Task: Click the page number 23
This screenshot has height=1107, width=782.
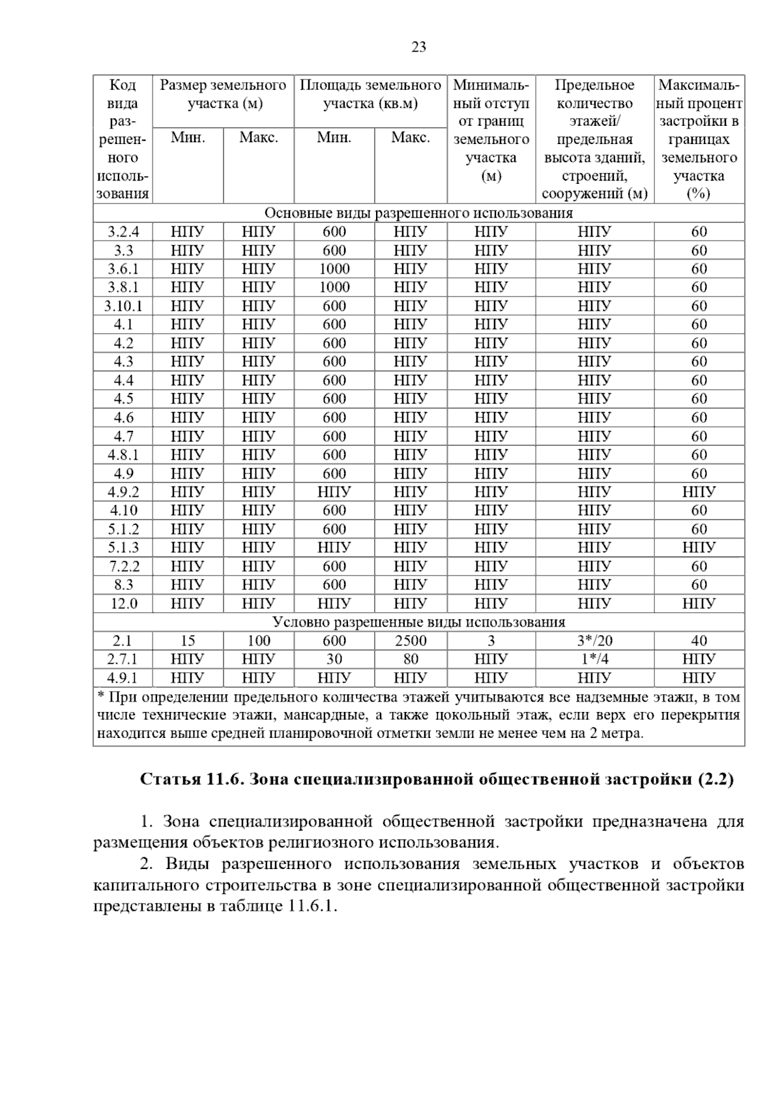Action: point(419,47)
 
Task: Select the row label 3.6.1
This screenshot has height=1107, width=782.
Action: point(123,269)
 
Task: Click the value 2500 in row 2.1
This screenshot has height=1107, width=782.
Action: point(411,641)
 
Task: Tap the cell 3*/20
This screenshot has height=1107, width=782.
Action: point(594,641)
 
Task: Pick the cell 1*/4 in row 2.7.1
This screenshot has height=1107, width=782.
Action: point(594,659)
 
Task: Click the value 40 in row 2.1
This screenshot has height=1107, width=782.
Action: point(699,641)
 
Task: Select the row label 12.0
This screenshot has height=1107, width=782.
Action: point(123,604)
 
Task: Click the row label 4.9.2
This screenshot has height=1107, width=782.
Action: point(123,492)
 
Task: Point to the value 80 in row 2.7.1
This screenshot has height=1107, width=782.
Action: point(411,659)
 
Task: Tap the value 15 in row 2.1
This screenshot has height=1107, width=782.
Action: point(188,641)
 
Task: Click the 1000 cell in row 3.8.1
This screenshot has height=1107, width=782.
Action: point(334,288)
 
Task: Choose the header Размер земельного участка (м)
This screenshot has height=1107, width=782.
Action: point(223,95)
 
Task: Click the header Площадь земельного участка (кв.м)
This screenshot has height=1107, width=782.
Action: point(370,95)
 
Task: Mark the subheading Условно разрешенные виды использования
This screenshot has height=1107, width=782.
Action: point(418,622)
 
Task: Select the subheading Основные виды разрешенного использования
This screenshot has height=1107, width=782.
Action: point(418,213)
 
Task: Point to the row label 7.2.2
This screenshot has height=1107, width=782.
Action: point(123,567)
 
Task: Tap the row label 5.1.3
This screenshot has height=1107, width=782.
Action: point(123,548)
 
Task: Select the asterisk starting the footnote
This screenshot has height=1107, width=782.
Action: point(101,696)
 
